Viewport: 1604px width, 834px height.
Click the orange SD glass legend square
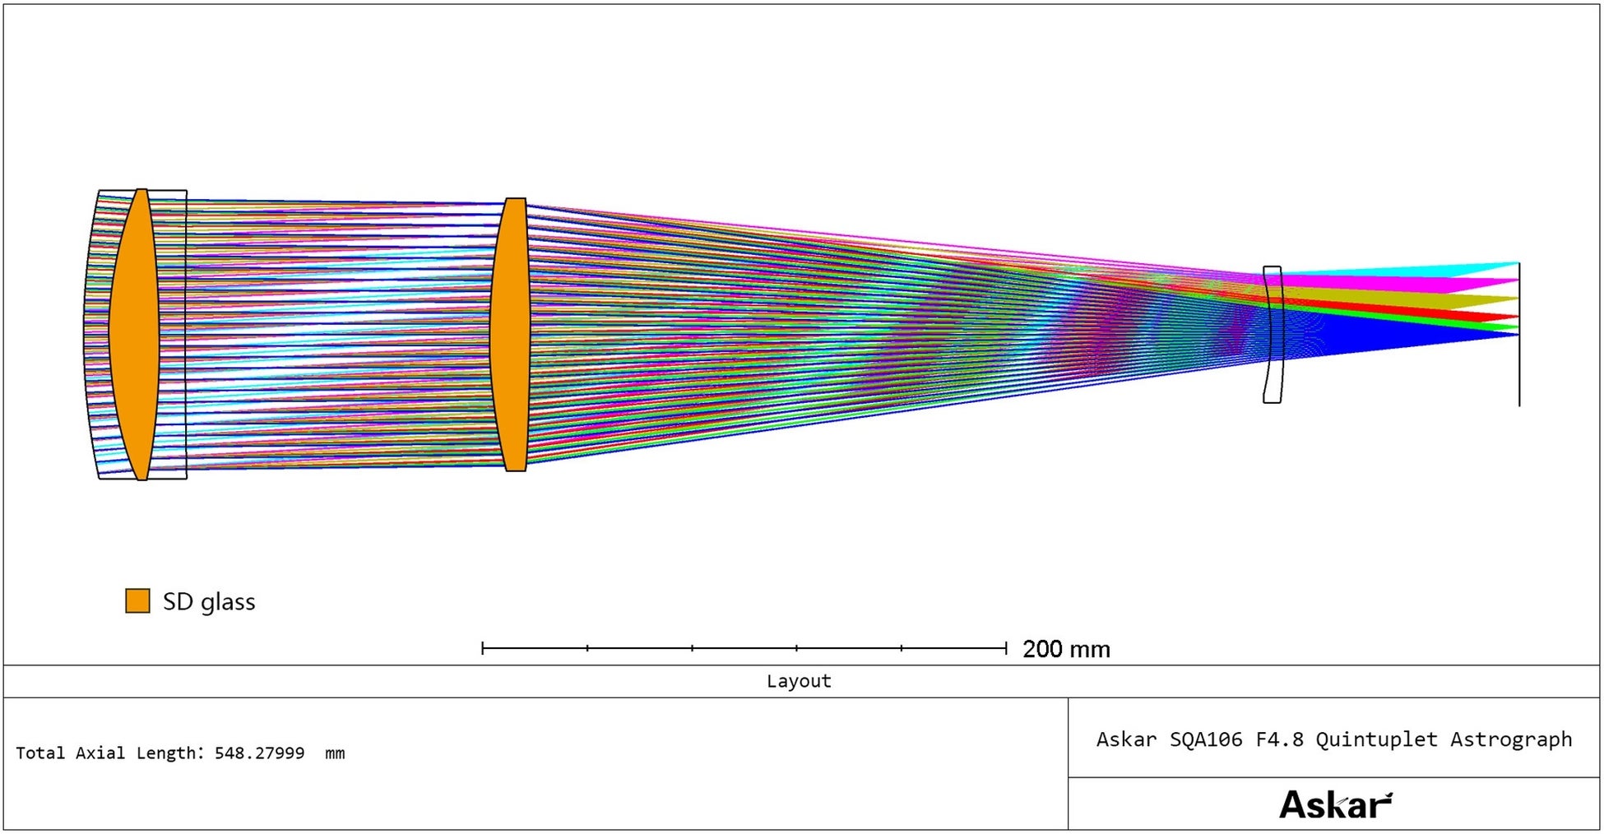coord(137,601)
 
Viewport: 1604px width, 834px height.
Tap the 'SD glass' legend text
coord(209,602)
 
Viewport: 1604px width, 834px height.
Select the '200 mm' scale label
coord(1066,649)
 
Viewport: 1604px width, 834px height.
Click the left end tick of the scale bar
coord(483,648)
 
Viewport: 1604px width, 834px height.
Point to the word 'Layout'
coord(799,681)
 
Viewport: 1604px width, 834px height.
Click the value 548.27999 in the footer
coord(259,753)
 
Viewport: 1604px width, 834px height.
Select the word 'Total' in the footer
coord(41,753)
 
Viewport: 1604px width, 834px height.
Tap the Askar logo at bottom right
coord(1336,804)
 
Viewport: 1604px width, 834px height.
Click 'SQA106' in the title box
coord(1206,739)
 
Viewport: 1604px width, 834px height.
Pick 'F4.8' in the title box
coord(1279,739)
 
